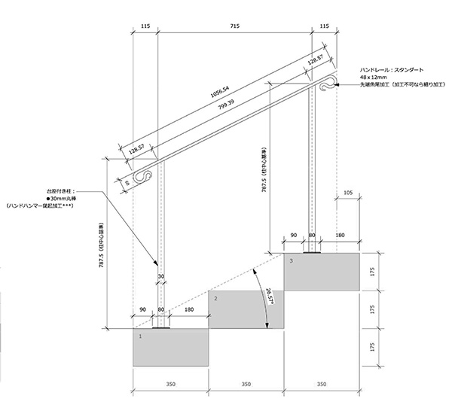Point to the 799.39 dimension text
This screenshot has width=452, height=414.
[227, 103]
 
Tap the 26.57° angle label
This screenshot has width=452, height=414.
[270, 299]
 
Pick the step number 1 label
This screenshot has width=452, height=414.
[141, 336]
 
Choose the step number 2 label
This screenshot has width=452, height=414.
[216, 299]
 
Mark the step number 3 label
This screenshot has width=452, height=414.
[292, 260]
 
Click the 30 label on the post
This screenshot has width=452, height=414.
[160, 276]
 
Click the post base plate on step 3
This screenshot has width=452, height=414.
[311, 254]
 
